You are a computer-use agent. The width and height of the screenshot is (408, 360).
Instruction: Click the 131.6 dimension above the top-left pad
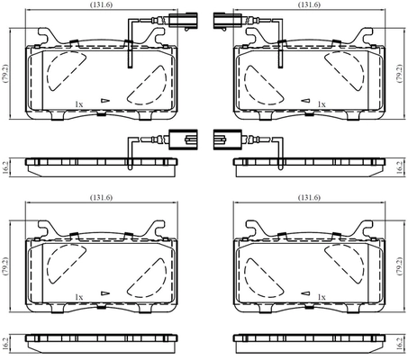pos(101,4)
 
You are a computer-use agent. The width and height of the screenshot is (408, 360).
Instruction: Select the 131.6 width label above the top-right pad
pos(309,4)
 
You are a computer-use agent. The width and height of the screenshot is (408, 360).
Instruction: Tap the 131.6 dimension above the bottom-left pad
pos(101,197)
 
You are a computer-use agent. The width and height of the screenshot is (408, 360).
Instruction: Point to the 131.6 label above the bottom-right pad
pos(309,197)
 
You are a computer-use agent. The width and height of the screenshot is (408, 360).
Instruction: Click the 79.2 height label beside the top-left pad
pos(5,73)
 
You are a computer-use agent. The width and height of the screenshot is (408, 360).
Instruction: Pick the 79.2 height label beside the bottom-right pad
pos(399,266)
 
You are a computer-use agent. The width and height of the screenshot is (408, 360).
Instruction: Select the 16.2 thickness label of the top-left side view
pos(5,167)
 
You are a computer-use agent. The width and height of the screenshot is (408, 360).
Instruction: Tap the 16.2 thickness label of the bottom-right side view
pos(399,343)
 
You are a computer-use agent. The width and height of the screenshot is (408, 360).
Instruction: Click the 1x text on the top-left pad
pos(79,104)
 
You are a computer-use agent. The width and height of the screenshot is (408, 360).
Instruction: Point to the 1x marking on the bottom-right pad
pos(322,297)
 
